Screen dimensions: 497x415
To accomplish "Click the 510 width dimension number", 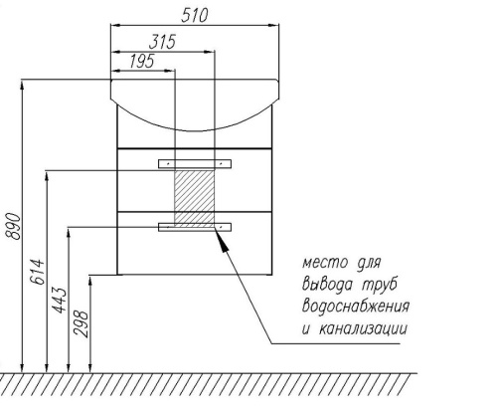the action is pyautogui.click(x=195, y=15).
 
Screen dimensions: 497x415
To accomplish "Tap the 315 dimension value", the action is pyautogui.click(x=162, y=42).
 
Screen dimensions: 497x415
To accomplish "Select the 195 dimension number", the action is pyautogui.click(x=142, y=62).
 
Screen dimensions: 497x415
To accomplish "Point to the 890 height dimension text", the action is pyautogui.click(x=13, y=226).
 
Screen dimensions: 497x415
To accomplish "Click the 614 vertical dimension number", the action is pyautogui.click(x=37, y=272).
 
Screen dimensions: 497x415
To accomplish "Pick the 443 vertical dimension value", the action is pyautogui.click(x=60, y=301).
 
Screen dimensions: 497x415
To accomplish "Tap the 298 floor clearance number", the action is pyautogui.click(x=82, y=324).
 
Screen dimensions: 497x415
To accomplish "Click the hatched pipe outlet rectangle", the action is pyautogui.click(x=195, y=199).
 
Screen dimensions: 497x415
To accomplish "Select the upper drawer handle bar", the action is pyautogui.click(x=195, y=164).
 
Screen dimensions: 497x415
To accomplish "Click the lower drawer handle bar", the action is pyautogui.click(x=195, y=227).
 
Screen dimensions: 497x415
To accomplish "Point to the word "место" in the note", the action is pyautogui.click(x=325, y=263).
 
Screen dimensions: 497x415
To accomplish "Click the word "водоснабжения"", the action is pyautogui.click(x=356, y=307).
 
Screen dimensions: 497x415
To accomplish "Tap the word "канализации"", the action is pyautogui.click(x=363, y=329).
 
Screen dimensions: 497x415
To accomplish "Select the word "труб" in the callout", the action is pyautogui.click(x=380, y=285).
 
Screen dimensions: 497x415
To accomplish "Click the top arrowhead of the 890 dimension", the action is pyautogui.click(x=22, y=85).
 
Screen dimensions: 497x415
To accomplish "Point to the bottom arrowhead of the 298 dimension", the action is pyautogui.click(x=90, y=367).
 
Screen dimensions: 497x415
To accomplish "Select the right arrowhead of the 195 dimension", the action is pyautogui.click(x=170, y=71).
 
